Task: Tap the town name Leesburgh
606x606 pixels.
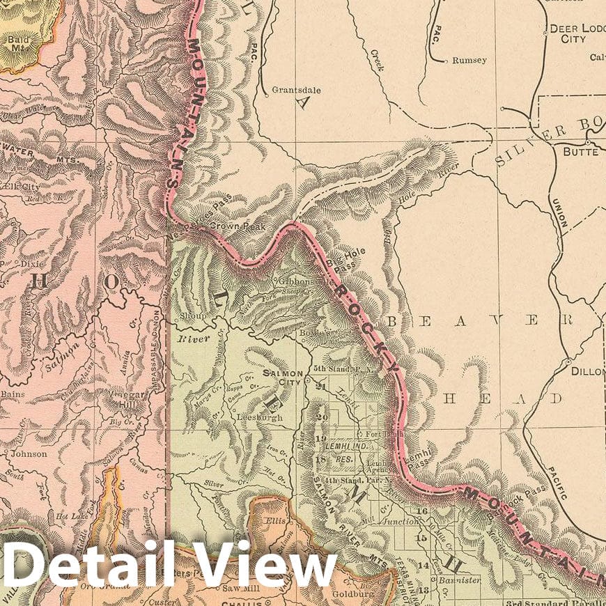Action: point(260,418)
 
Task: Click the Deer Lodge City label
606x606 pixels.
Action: point(577,33)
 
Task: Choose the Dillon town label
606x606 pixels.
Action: point(588,371)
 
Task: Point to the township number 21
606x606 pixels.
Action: point(321,387)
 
